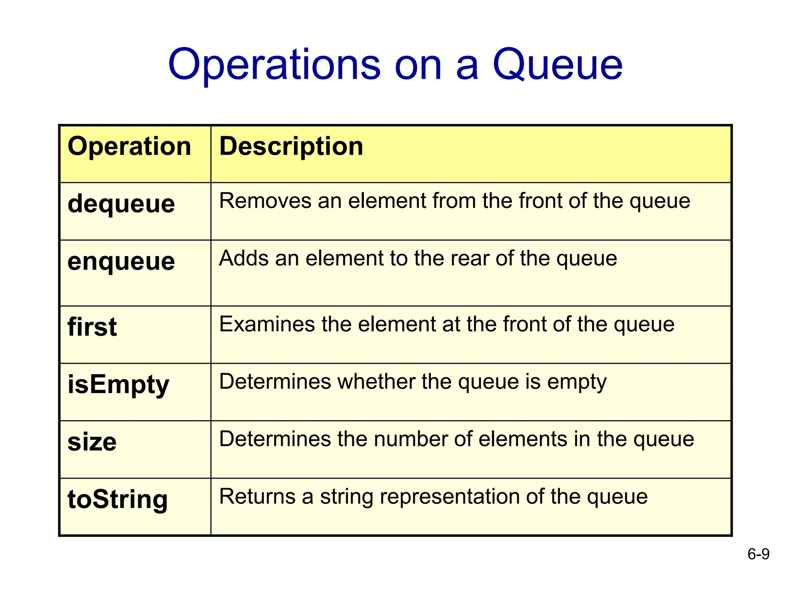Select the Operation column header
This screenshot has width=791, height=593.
pyautogui.click(x=129, y=146)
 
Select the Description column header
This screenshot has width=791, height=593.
pyautogui.click(x=291, y=146)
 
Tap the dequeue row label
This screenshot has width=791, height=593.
pyautogui.click(x=121, y=203)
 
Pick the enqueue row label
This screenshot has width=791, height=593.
pyautogui.click(x=121, y=261)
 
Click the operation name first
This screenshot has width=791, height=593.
pyautogui.click(x=92, y=327)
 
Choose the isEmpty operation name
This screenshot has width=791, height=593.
pyautogui.click(x=118, y=385)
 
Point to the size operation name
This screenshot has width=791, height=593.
pyautogui.click(x=92, y=442)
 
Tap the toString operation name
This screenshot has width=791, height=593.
pyautogui.click(x=117, y=499)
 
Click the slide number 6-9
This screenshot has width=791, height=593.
pyautogui.click(x=758, y=554)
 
